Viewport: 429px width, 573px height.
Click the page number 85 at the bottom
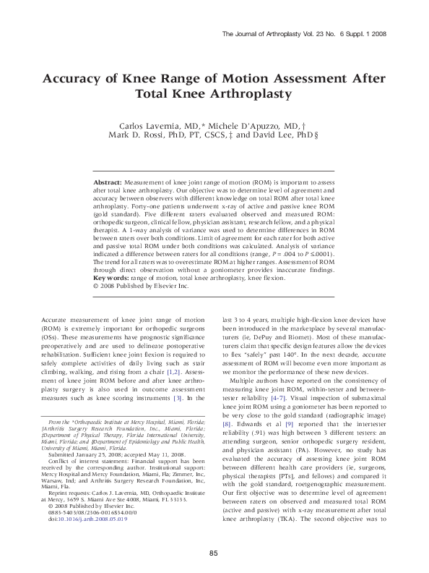click(x=214, y=553)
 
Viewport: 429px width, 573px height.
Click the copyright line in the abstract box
click(x=139, y=286)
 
